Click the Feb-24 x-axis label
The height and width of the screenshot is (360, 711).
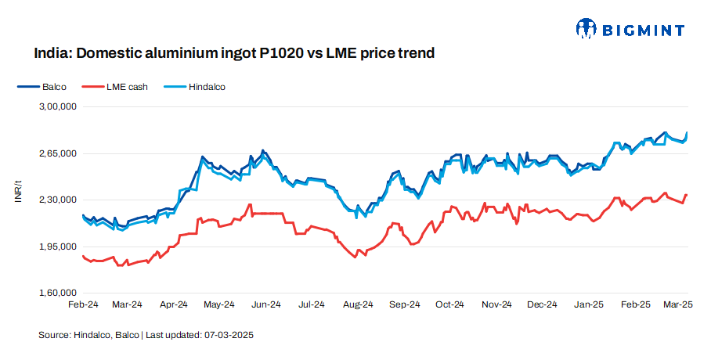tap(82, 304)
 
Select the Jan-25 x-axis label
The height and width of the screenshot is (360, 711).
tap(588, 304)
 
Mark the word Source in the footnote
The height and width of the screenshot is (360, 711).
tap(53, 335)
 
